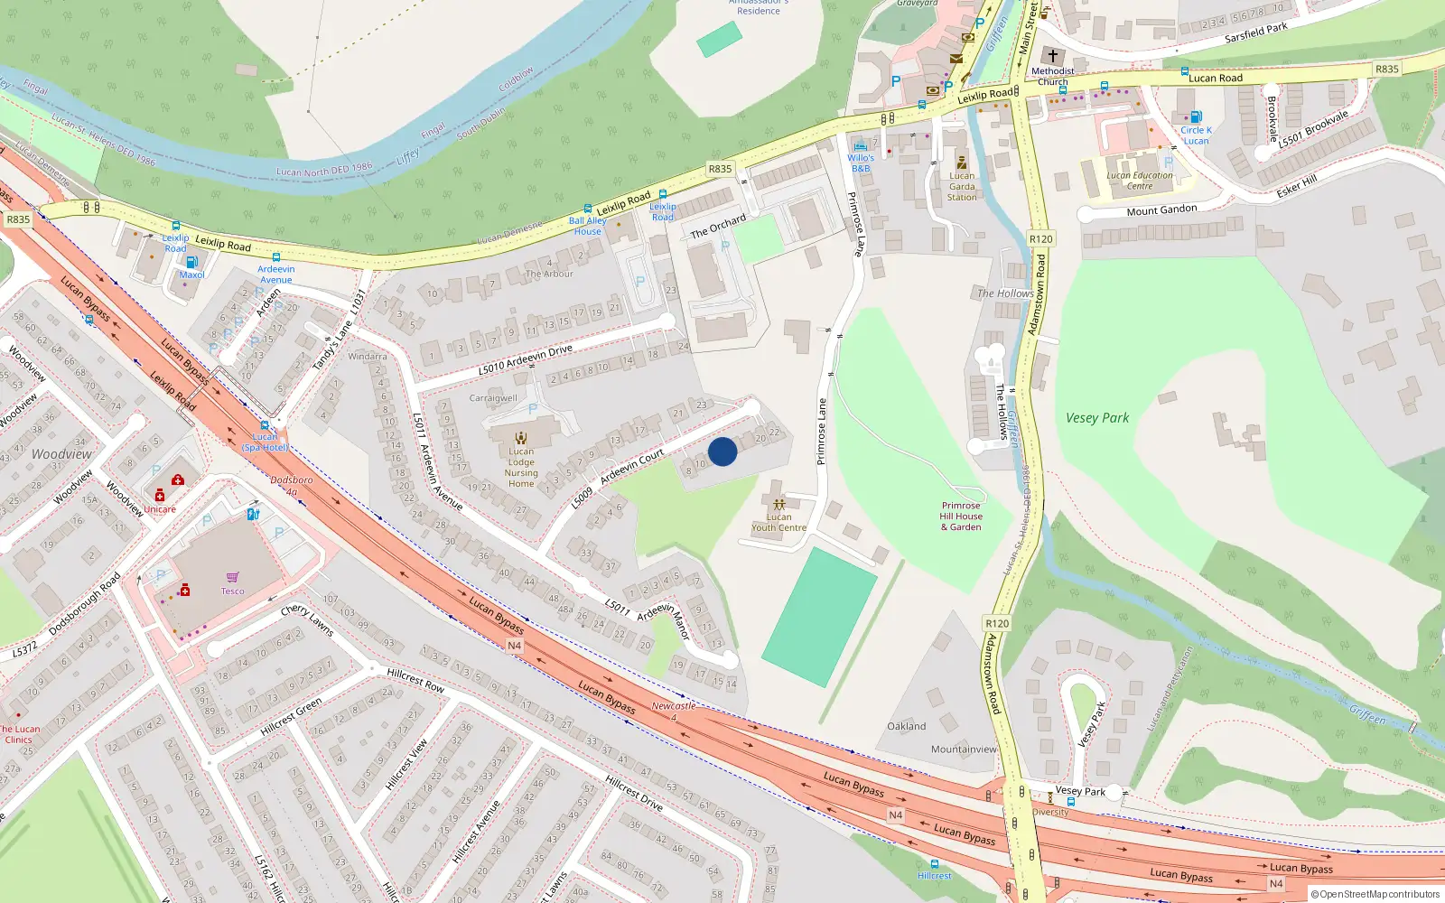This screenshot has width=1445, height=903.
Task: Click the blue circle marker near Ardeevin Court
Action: [722, 451]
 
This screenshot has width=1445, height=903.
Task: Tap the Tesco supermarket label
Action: [232, 591]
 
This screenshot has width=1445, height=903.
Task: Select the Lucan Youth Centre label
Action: [778, 523]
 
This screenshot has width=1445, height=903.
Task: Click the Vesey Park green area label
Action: [1096, 418]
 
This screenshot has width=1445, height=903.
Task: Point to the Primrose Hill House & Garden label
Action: [961, 517]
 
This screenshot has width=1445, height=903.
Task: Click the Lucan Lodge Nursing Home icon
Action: [521, 437]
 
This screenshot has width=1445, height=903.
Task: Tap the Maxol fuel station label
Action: [191, 275]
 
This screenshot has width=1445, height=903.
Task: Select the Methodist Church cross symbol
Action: [1052, 56]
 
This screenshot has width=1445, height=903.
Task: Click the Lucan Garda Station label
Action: [962, 187]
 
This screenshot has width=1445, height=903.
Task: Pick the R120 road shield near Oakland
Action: [997, 624]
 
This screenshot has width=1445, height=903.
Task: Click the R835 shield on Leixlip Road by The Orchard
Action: [720, 169]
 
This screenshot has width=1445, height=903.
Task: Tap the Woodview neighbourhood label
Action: [61, 454]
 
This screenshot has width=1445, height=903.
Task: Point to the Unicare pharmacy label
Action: [160, 509]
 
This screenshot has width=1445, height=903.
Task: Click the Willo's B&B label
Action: [861, 163]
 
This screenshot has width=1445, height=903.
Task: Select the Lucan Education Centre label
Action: [1140, 181]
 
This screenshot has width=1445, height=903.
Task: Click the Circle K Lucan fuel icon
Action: [1196, 116]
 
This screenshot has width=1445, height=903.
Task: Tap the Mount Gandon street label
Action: [1161, 210]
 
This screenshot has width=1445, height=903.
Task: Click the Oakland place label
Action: [906, 726]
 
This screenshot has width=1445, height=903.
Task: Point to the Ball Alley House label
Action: [587, 226]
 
